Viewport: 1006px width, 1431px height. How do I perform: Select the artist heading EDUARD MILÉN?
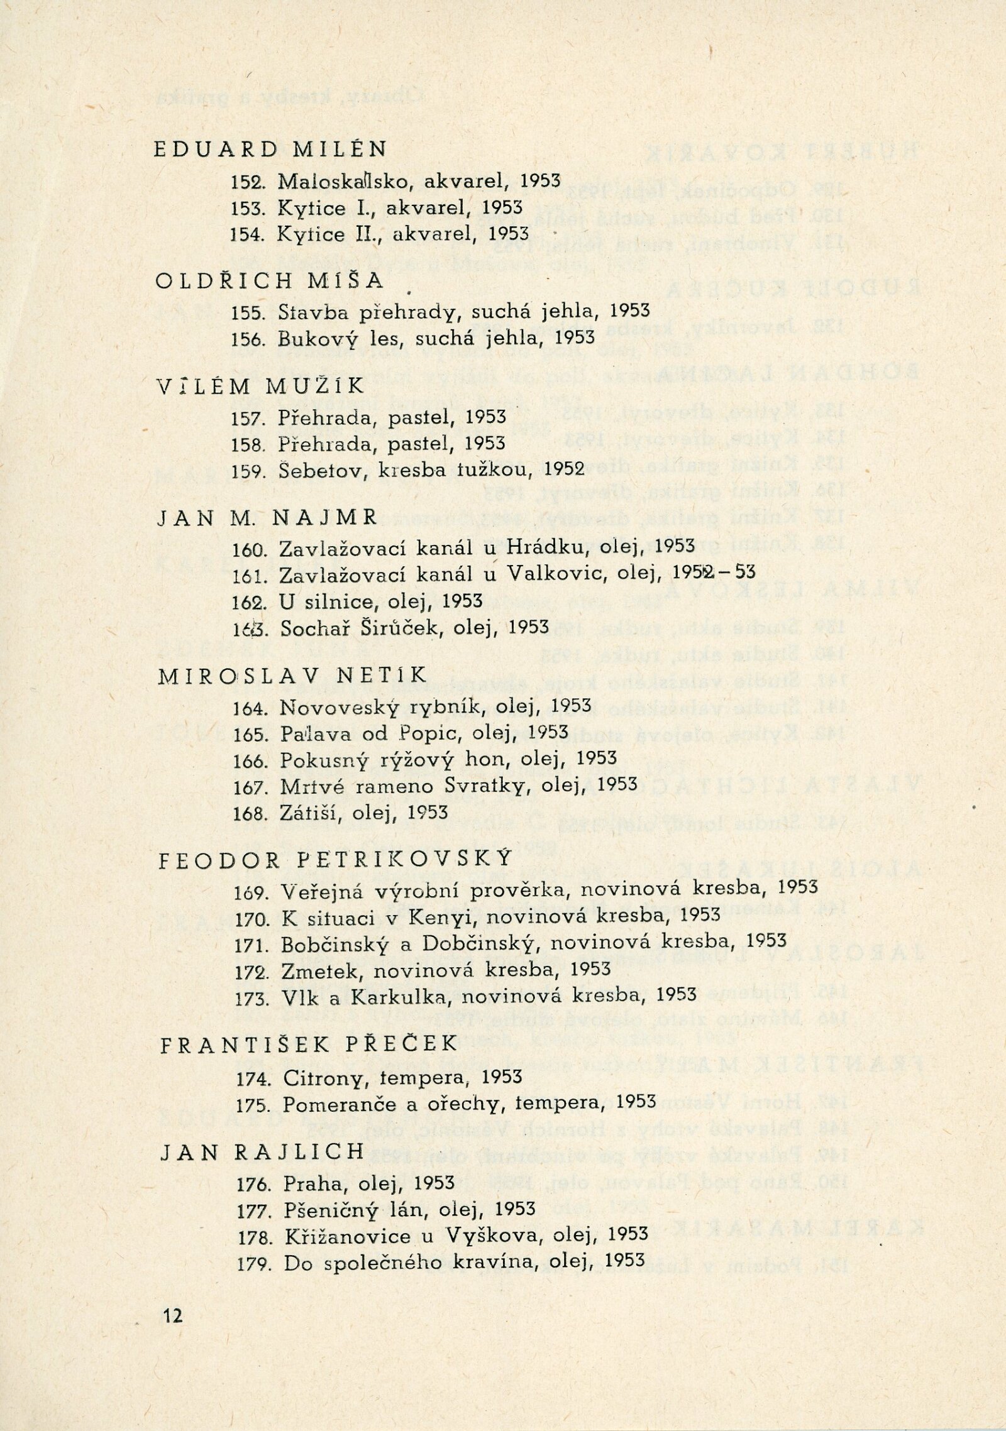(x=270, y=150)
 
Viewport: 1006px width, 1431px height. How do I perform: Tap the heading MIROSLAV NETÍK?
(x=292, y=676)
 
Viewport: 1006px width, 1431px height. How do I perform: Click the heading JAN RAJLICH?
(x=263, y=1152)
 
